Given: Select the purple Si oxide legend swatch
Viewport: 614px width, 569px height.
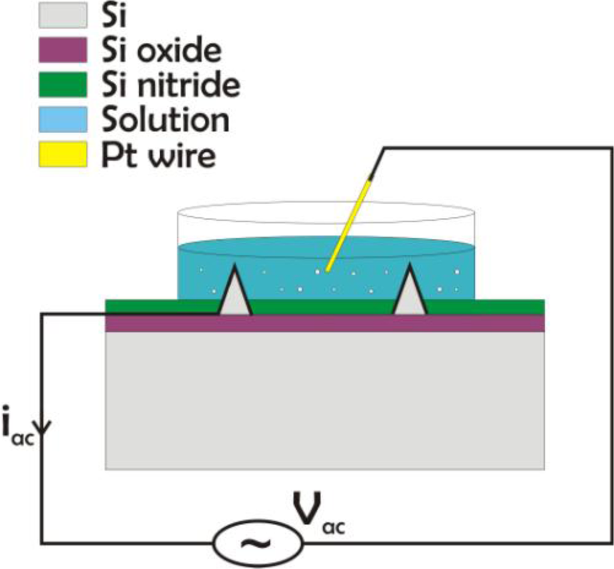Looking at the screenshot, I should pos(62,50).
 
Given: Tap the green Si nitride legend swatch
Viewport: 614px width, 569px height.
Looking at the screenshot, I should pos(62,84).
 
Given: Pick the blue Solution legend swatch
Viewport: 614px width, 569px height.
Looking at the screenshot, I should pos(62,120).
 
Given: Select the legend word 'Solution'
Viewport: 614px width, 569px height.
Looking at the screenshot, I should pos(165,120).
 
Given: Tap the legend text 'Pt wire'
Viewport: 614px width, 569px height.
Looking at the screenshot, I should pos(158,155).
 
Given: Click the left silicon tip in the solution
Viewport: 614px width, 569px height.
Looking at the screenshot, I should pos(235,296).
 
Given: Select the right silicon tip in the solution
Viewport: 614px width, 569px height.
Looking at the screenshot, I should pos(410,296).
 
